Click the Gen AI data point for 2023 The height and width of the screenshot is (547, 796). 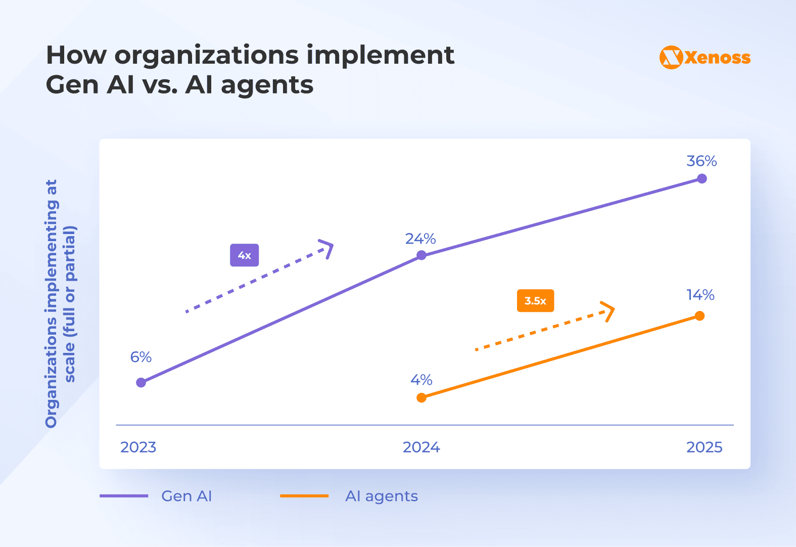[x=141, y=383]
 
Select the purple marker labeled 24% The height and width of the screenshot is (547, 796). [x=422, y=255]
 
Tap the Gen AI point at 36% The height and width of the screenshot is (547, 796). [x=702, y=178]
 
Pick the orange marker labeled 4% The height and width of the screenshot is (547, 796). [x=422, y=398]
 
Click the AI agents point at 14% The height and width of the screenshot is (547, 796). [x=699, y=316]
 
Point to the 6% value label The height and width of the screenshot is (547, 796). [x=141, y=357]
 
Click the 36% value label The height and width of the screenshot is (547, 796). [x=701, y=161]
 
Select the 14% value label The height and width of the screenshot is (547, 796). [x=700, y=295]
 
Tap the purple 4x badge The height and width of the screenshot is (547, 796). [x=244, y=255]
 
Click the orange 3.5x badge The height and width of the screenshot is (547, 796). [x=535, y=301]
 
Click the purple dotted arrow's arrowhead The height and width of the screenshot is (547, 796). [x=328, y=248]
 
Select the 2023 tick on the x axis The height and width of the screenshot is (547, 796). [x=138, y=447]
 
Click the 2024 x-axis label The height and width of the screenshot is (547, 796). [x=421, y=447]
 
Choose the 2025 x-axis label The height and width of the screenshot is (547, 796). [x=704, y=447]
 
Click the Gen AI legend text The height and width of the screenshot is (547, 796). [x=186, y=496]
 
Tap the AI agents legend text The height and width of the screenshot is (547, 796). [x=382, y=496]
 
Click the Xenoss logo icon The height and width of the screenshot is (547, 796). [x=671, y=58]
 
